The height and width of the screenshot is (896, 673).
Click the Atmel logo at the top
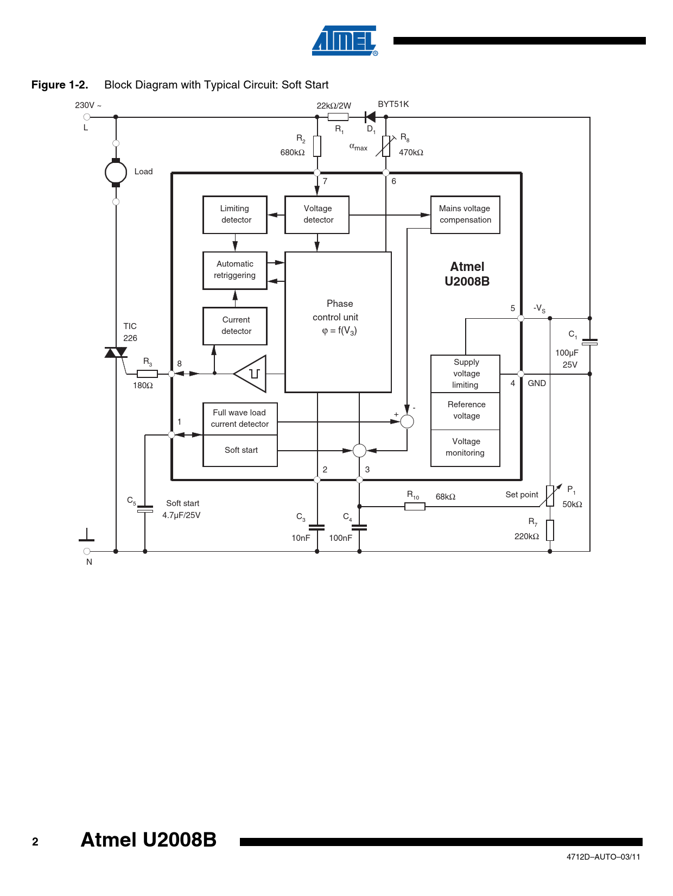coord(345,41)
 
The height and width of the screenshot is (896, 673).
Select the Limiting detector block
coord(235,214)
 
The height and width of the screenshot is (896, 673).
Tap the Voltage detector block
coord(317,214)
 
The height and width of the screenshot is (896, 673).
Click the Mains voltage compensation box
coord(465,214)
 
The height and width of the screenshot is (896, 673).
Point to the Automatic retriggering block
coord(235,270)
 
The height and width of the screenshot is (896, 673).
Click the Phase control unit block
coord(338,321)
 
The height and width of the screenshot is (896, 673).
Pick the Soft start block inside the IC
coord(240,450)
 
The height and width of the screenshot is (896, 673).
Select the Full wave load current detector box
coord(240,419)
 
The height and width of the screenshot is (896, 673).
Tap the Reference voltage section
coord(466,411)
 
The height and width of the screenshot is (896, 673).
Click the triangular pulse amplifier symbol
coord(251,374)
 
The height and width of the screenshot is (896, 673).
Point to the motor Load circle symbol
coord(116,173)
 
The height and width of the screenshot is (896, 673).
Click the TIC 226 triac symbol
coord(116,352)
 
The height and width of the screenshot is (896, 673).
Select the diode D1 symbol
coord(371,117)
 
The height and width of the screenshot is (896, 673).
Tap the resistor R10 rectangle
coord(415,507)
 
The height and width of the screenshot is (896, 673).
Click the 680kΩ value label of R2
coord(293,153)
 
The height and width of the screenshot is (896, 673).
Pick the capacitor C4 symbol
coord(359,527)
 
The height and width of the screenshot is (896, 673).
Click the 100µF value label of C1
coord(567,353)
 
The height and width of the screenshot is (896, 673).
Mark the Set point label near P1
coord(522,495)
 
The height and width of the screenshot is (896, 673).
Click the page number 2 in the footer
coord(35,842)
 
